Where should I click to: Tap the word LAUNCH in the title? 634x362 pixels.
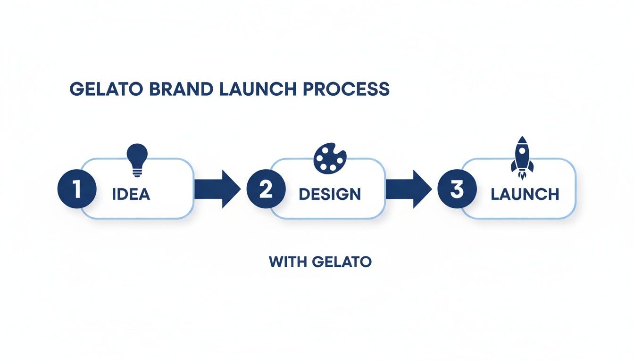click(x=257, y=90)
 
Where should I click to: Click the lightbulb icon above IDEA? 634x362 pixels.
click(x=137, y=160)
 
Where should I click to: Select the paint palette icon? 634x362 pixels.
click(x=329, y=158)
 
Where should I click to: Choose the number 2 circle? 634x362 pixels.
click(x=266, y=189)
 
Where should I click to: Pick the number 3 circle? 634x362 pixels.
click(x=457, y=189)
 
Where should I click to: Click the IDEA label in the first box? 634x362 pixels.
click(x=131, y=194)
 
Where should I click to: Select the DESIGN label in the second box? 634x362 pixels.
click(x=330, y=194)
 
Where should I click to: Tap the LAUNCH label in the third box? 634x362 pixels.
click(x=525, y=194)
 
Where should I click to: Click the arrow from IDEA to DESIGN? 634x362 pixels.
click(x=217, y=189)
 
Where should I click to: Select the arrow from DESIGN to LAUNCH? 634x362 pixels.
click(x=409, y=189)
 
